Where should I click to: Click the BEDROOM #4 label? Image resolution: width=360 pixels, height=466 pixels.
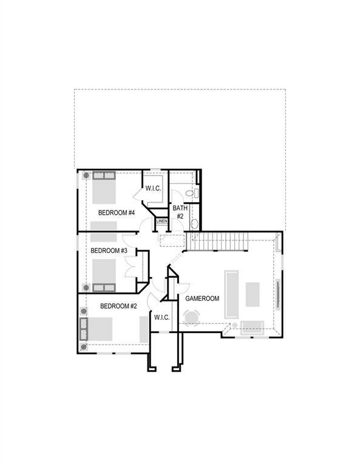pos(116,212)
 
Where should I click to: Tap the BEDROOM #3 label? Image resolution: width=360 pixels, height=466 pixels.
pos(109,251)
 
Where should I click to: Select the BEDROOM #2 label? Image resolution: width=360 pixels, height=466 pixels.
pos(118,306)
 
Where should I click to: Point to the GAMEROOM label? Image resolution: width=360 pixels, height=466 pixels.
pos(202,299)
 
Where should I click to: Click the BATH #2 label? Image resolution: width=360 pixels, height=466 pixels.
pos(180,212)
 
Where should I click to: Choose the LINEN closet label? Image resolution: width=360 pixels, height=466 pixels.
pos(161,221)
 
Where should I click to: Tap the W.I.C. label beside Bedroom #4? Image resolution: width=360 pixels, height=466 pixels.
pos(153,189)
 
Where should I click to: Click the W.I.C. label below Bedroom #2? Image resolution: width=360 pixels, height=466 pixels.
pos(161,317)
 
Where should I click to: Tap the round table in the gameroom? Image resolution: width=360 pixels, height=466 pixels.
pos(192,317)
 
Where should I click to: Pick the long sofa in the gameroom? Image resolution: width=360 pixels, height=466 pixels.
pos(231,294)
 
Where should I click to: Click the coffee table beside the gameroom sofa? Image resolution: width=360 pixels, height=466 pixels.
pos(253,294)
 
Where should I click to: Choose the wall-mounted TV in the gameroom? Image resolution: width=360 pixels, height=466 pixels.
pos(279,294)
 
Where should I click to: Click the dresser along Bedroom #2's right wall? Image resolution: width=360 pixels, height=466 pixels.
pos(144,329)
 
